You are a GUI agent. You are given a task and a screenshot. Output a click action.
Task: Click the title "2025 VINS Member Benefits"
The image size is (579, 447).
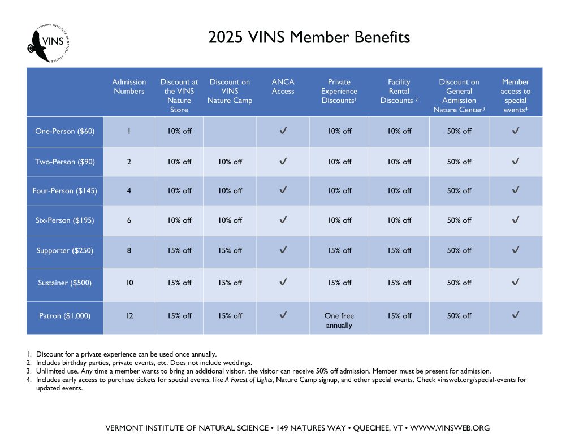click(x=309, y=37)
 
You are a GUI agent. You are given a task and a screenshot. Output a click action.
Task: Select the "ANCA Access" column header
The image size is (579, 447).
click(x=283, y=86)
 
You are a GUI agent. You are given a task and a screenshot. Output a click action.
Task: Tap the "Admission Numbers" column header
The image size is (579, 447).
click(x=129, y=86)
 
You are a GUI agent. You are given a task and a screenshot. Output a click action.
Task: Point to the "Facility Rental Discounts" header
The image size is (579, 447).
click(x=399, y=91)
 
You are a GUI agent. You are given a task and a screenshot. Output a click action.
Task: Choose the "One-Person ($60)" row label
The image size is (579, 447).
click(x=65, y=131)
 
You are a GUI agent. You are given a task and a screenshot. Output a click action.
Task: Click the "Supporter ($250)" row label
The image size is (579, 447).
click(x=65, y=250)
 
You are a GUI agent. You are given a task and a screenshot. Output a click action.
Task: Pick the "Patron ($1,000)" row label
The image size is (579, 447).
click(x=65, y=316)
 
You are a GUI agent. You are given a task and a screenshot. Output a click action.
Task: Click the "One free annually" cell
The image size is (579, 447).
click(x=339, y=320)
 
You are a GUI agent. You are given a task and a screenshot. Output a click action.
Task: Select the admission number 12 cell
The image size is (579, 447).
click(x=129, y=316)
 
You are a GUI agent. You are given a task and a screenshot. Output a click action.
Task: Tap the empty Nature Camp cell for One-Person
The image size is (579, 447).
click(x=230, y=131)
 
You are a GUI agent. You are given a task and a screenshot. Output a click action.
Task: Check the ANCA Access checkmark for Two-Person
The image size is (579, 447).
click(x=283, y=162)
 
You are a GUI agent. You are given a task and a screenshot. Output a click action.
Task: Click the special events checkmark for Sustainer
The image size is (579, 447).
click(x=515, y=282)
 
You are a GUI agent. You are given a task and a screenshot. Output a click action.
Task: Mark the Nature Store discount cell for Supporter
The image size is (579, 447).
click(x=179, y=250)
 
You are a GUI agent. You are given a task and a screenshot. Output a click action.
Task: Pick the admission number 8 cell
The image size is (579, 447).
click(x=129, y=250)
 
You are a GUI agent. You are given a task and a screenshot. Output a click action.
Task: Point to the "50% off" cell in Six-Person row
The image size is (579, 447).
click(x=459, y=220)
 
